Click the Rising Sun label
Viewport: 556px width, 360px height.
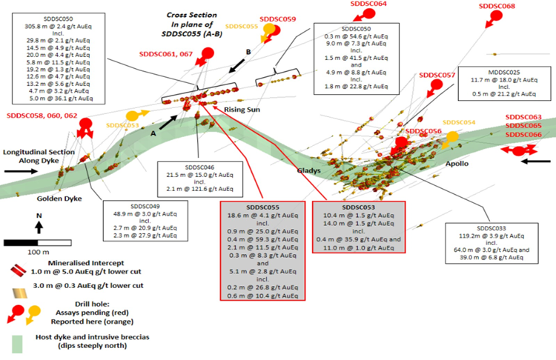point(243,109)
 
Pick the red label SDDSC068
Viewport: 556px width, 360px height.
point(497,6)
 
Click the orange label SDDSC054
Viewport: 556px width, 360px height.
point(459,123)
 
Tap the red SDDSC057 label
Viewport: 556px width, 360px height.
point(437,76)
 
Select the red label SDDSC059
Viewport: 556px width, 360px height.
point(279,19)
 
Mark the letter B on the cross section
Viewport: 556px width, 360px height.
point(248,52)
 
